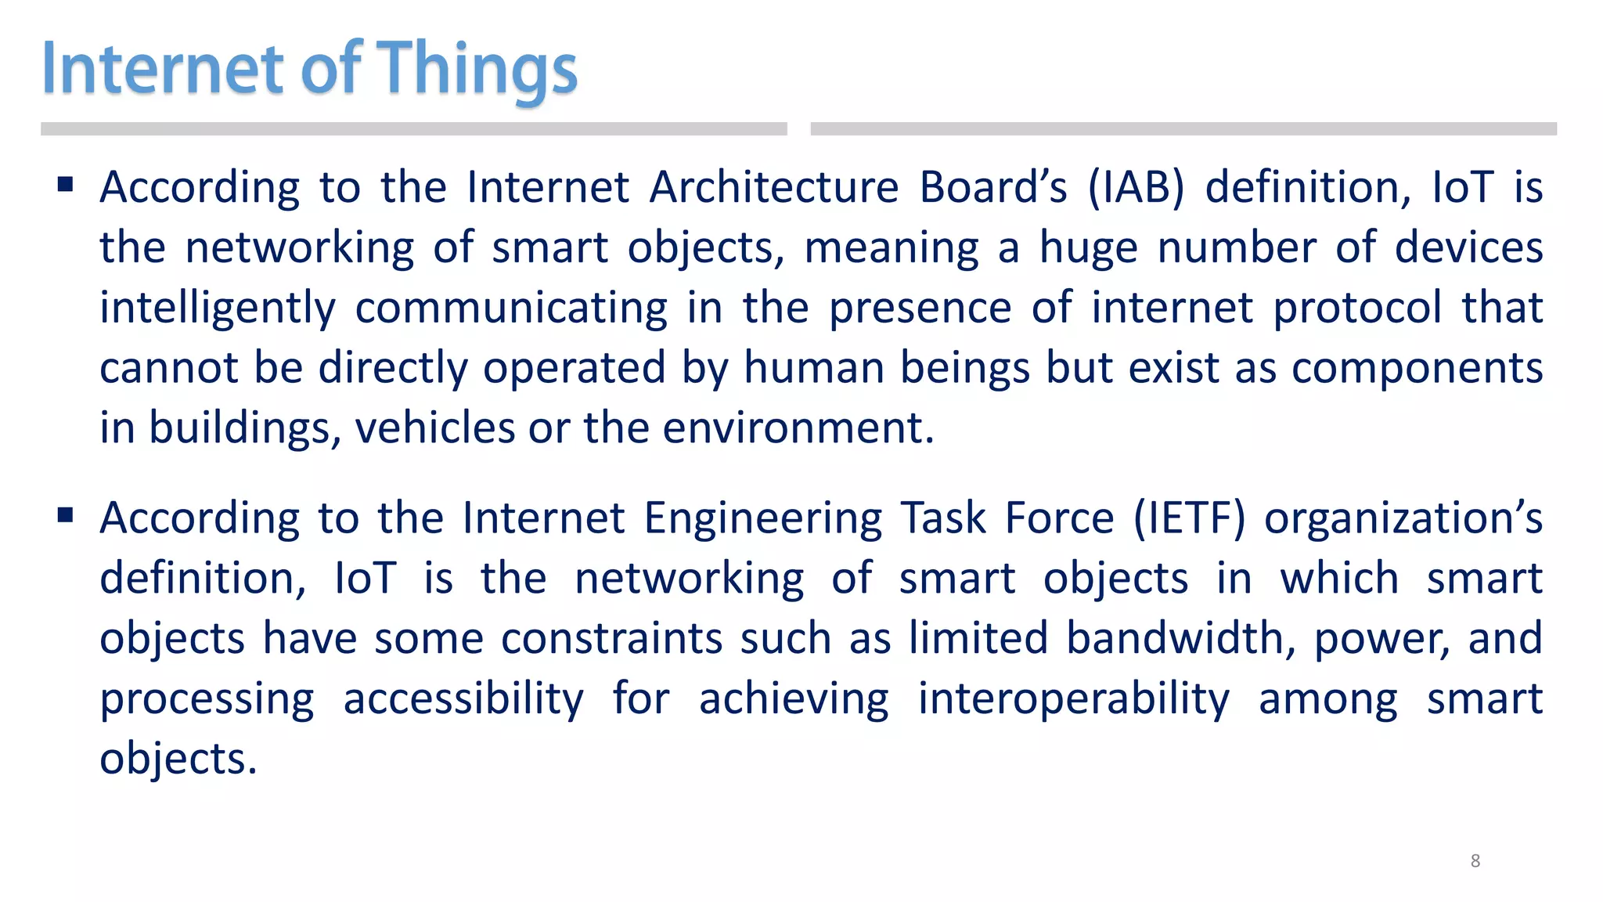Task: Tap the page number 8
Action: pos(1475,861)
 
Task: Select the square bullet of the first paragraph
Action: pos(66,185)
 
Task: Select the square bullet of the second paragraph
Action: pos(66,515)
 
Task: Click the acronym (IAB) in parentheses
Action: pos(1136,188)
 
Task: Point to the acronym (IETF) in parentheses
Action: pos(1189,518)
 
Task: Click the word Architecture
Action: pos(774,188)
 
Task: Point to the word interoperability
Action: pos(1073,699)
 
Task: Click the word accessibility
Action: pos(463,699)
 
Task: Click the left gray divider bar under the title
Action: pos(413,129)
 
